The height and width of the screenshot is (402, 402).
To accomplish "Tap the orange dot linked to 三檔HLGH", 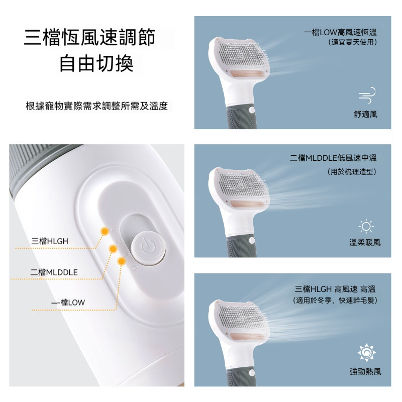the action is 105,231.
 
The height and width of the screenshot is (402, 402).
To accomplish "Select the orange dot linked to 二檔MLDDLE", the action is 113,248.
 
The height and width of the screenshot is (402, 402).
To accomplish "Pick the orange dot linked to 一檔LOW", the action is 121,261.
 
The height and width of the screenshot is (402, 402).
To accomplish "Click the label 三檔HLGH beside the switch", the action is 50,241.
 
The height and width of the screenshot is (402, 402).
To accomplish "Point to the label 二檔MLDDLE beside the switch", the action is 54,272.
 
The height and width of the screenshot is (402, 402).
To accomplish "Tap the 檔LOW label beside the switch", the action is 72,303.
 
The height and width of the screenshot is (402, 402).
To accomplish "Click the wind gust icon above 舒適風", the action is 367,95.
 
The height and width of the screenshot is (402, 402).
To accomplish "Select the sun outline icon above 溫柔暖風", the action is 366,227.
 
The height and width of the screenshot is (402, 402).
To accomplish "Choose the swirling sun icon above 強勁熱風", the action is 366,353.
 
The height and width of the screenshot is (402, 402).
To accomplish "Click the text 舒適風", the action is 366,115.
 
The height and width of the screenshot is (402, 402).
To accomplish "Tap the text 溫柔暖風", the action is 365,242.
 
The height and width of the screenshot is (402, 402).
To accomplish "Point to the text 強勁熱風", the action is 365,371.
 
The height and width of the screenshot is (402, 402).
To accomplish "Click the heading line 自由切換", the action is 96,64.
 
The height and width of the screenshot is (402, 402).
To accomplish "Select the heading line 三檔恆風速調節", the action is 89,37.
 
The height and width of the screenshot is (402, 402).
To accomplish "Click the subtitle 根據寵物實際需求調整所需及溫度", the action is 97,106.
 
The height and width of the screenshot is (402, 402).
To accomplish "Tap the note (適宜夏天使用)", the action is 353,42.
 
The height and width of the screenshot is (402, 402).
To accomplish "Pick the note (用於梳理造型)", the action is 352,171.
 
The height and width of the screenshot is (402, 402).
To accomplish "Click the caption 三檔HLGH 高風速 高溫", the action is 335,289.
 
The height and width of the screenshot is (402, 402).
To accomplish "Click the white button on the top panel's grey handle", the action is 252,110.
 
